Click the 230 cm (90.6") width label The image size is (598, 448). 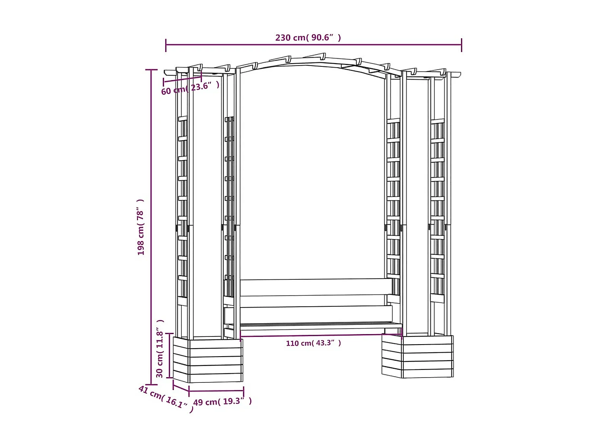(x=308, y=37)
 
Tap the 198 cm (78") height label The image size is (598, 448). (x=141, y=227)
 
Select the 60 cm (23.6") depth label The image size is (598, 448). (x=190, y=88)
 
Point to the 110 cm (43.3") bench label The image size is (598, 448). (x=313, y=343)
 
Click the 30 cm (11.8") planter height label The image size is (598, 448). (x=160, y=349)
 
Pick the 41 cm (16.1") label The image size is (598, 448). (x=166, y=399)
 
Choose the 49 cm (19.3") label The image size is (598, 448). (x=222, y=402)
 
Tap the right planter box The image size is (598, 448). (x=418, y=356)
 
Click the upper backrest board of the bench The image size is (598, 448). (x=316, y=287)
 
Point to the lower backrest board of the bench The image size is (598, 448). (x=316, y=314)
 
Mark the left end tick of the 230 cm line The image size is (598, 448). (x=166, y=45)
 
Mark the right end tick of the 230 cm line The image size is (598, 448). (x=461, y=45)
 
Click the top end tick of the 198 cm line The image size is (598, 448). (x=151, y=70)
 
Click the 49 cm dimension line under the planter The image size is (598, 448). (x=216, y=390)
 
